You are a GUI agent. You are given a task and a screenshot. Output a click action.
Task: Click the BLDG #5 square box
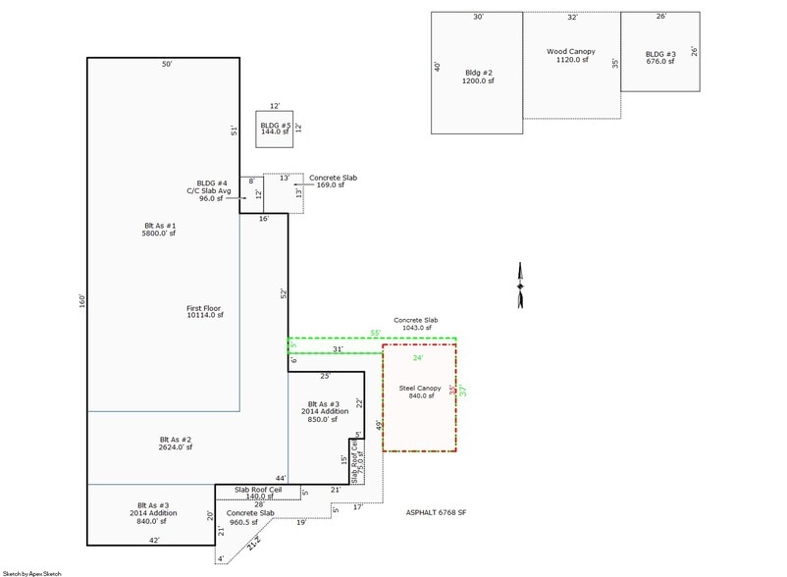tap(275, 128)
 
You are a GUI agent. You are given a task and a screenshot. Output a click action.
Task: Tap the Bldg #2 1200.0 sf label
tap(478, 77)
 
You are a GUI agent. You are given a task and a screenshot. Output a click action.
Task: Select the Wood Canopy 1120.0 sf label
tap(571, 55)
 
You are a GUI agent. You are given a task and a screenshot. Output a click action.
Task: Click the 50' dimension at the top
tap(167, 64)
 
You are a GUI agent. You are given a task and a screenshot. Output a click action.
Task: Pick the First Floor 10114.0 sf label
tap(205, 311)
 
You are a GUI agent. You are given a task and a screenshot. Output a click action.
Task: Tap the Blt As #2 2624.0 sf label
tap(164, 443)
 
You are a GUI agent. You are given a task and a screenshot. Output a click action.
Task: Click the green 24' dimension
tap(417, 358)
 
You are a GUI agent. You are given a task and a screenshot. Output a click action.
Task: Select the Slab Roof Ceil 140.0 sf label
tap(257, 494)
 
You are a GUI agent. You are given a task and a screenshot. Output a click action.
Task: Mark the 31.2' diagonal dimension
tap(254, 541)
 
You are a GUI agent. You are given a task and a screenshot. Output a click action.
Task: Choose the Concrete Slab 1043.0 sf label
tap(416, 324)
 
